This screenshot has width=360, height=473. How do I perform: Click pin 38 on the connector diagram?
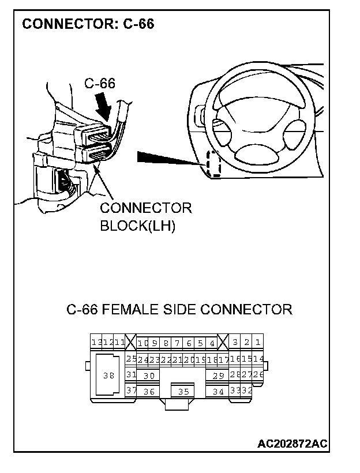(108, 376)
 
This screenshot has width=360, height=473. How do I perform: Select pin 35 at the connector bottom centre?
(183, 392)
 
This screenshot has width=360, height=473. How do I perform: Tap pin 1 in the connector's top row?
(258, 343)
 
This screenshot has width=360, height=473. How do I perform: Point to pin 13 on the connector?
(96, 343)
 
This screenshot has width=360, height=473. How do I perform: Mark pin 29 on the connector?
(218, 376)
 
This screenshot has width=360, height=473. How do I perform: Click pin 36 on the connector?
(149, 392)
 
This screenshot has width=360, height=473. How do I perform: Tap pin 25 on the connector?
(131, 359)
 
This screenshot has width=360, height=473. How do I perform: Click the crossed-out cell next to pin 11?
(130, 343)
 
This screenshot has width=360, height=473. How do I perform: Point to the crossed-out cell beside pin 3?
(223, 343)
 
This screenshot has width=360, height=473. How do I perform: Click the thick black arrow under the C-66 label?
(103, 107)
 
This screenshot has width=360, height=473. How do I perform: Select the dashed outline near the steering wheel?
(214, 163)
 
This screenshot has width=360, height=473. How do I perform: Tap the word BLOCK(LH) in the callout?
(137, 226)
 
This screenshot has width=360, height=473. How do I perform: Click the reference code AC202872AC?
(292, 444)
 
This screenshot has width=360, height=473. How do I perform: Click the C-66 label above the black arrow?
(99, 83)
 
